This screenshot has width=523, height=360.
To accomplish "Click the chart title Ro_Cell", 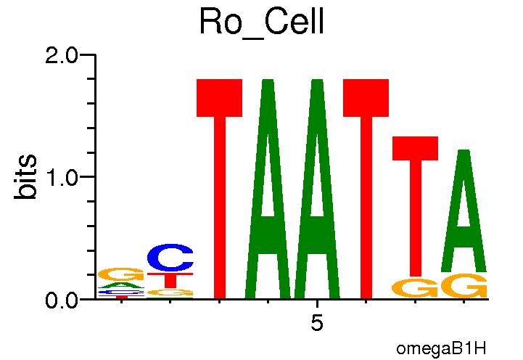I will click(260, 23).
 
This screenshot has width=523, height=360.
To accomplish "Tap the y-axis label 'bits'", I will click(28, 176).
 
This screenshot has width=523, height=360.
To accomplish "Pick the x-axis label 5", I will click(316, 323).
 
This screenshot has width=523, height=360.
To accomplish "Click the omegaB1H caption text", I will click(440, 348).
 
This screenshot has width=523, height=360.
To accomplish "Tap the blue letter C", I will click(170, 258).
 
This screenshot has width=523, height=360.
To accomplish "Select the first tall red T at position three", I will click(219, 189).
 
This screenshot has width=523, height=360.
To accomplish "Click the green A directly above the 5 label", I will click(316, 189).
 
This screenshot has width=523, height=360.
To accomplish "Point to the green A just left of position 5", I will click(268, 189).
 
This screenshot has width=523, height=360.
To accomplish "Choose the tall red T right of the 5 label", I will click(366, 189).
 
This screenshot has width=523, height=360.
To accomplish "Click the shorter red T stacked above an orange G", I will click(415, 203).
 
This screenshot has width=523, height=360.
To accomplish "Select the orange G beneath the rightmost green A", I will click(464, 287).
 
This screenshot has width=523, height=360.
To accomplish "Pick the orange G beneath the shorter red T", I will click(415, 288).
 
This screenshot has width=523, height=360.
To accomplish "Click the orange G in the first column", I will click(121, 274).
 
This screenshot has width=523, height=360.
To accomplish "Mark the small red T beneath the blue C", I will click(170, 279).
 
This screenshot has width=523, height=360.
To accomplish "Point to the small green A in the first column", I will click(121, 285).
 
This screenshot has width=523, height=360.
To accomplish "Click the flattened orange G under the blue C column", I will click(170, 292).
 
